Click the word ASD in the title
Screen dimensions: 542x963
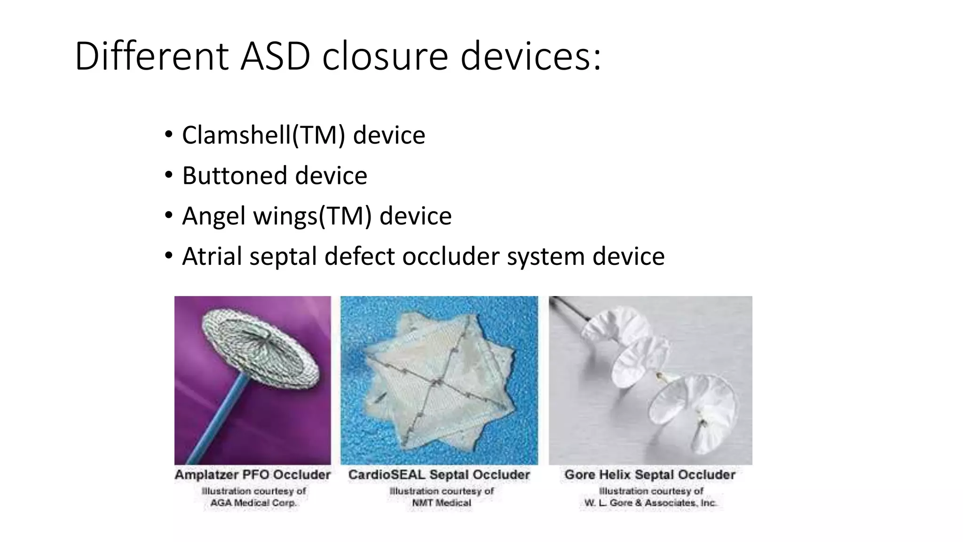coord(275,56)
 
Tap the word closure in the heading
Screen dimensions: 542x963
coord(385,56)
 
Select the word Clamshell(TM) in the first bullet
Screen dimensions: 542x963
coord(263,135)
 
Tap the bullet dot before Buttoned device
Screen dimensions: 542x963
coord(169,175)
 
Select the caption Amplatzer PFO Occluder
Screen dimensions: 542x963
coord(253,475)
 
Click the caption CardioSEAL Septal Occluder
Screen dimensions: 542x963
coord(439,475)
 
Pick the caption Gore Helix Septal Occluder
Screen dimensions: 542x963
coord(650,475)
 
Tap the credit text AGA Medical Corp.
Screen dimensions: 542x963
coord(253,503)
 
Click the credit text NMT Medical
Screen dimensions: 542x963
coord(441,503)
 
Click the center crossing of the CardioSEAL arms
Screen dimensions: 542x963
coord(436,383)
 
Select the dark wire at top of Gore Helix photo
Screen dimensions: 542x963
coord(567,309)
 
